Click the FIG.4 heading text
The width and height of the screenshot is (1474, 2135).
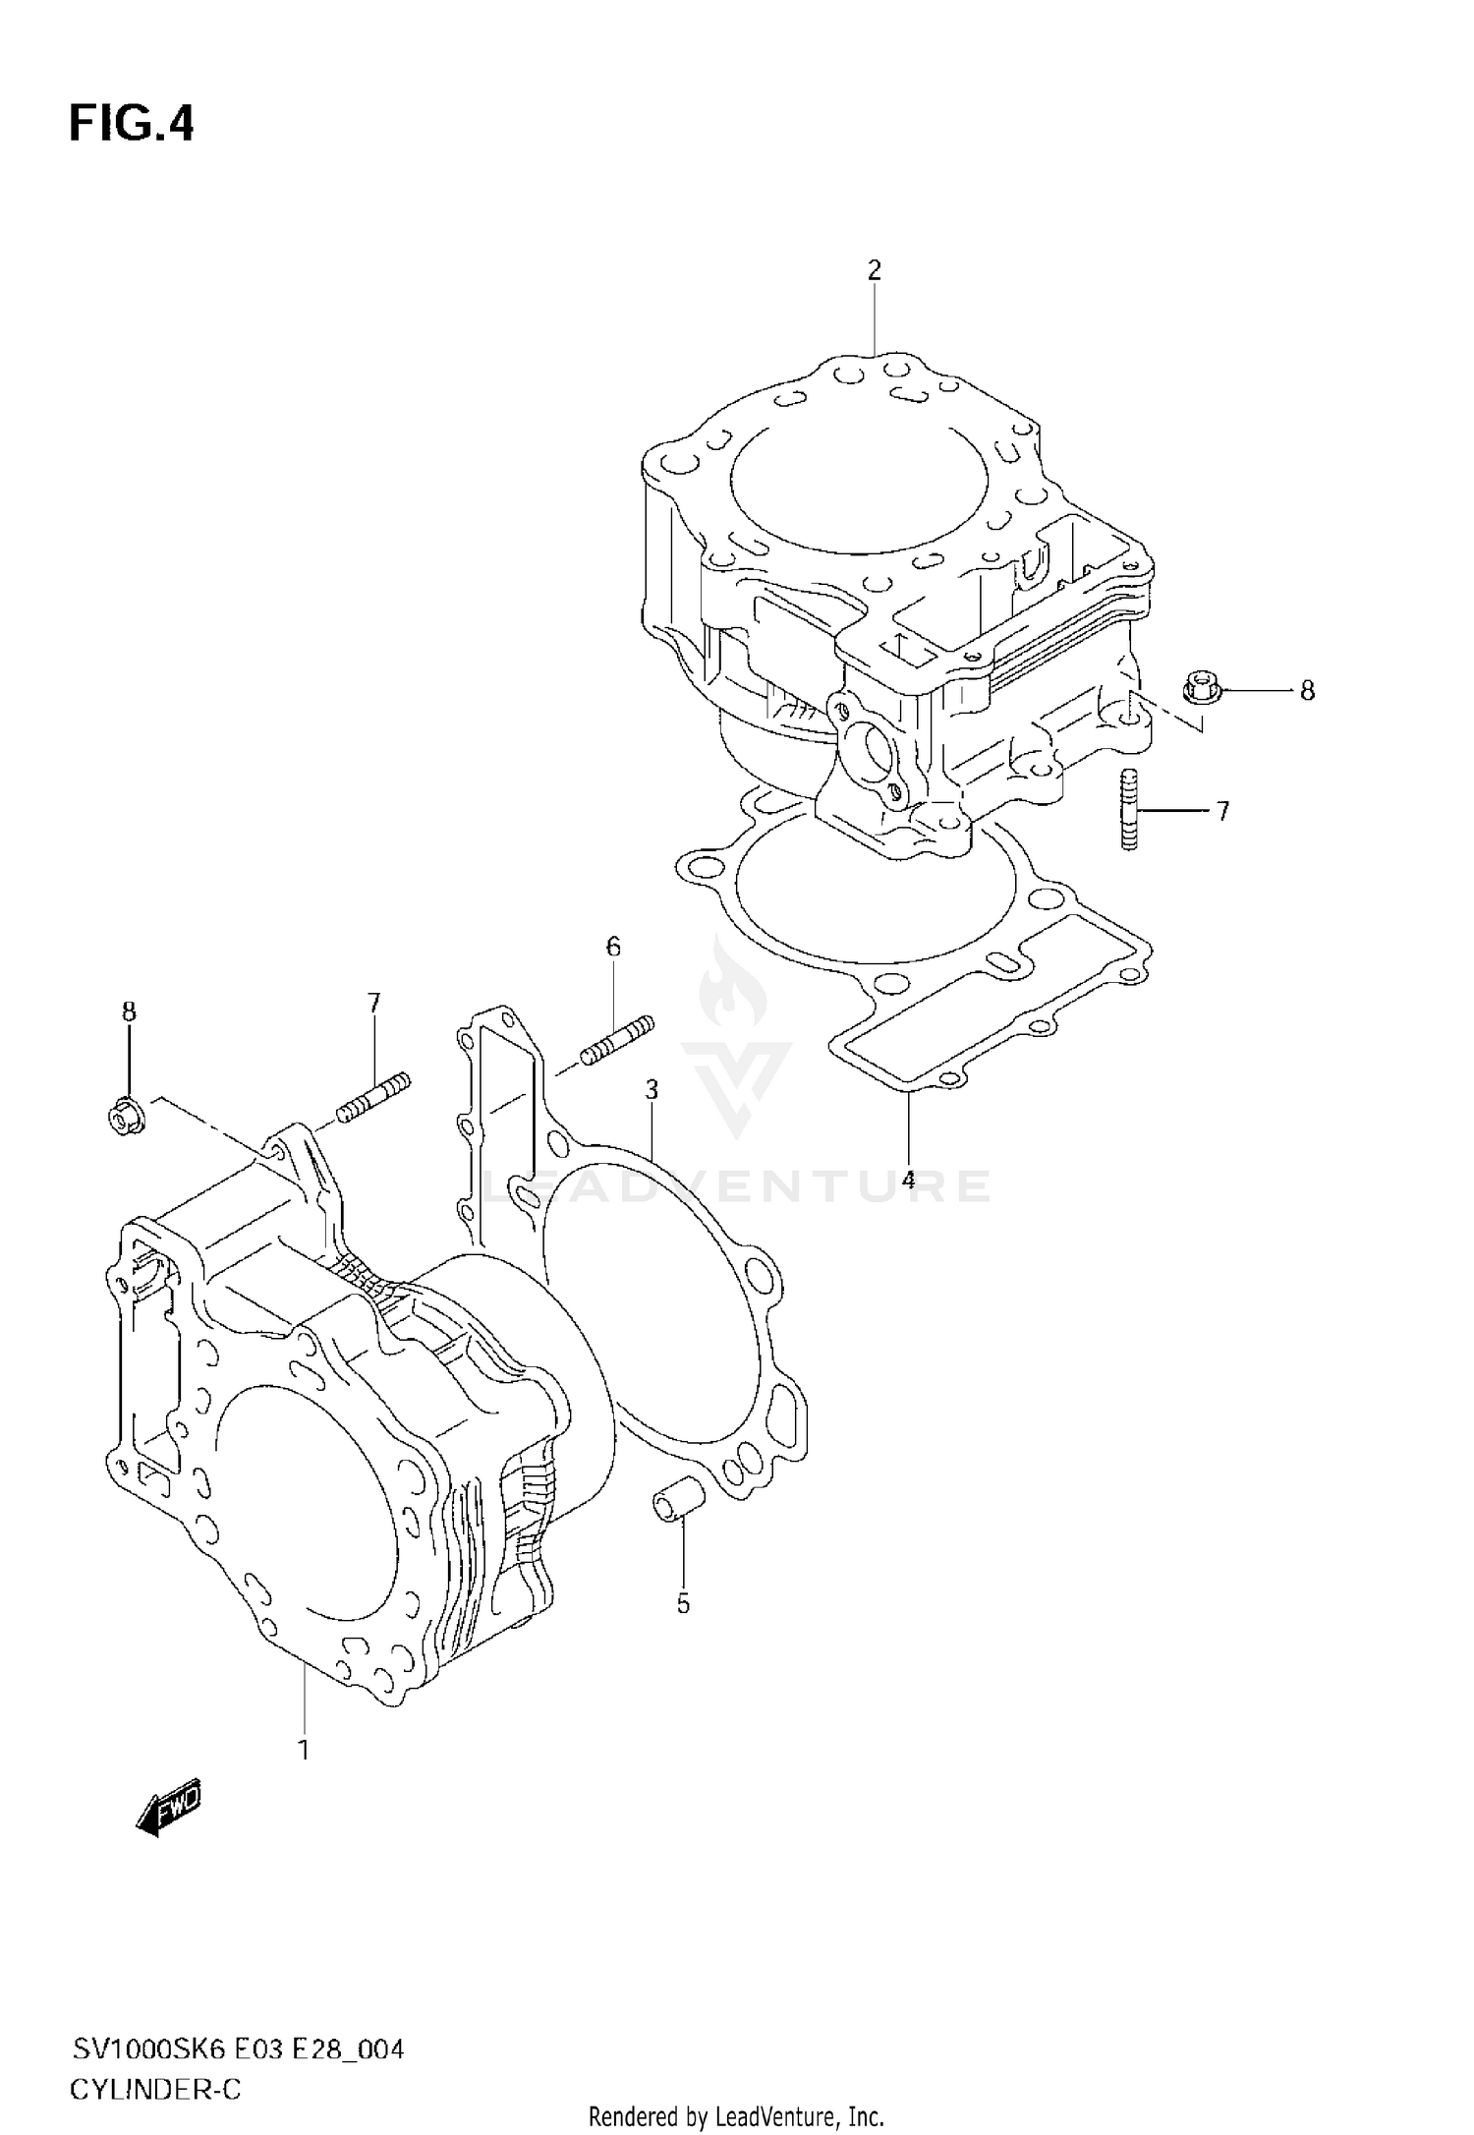point(132,126)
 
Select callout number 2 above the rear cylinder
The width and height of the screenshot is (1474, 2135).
point(874,270)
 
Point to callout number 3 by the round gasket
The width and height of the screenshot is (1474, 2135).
point(651,1089)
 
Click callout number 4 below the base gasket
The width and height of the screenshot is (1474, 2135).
point(907,1180)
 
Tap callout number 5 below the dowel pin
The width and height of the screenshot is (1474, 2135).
point(683,1604)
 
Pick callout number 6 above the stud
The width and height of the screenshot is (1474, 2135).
point(613,948)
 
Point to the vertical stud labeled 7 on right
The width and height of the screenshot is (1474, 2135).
point(1129,810)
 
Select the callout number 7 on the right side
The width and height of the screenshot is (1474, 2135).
point(1222,812)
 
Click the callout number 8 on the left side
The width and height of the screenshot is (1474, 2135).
point(129,1012)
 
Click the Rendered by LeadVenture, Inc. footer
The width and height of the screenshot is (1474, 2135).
point(736,2115)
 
